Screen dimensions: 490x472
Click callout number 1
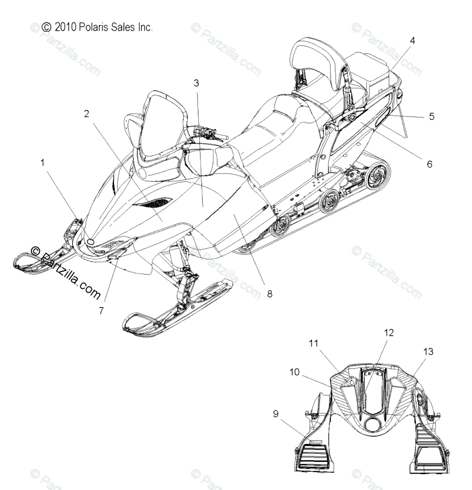tap(42, 163)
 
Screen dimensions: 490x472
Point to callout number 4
tap(412, 41)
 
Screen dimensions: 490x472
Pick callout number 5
tap(431, 116)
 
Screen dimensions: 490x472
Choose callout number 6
tap(429, 164)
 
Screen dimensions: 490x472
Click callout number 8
tap(269, 293)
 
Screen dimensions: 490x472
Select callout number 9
tap(276, 414)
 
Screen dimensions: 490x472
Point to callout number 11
tap(327, 344)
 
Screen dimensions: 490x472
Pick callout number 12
tap(389, 333)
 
